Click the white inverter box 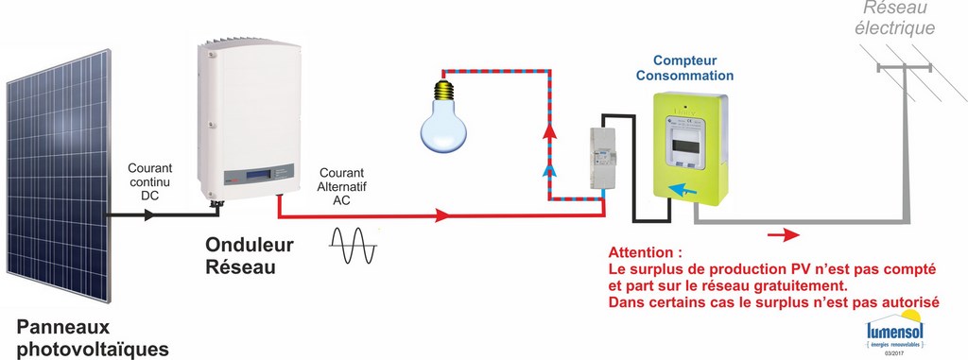(x=251, y=113)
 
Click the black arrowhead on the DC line (x=148, y=215)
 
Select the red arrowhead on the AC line (x=442, y=216)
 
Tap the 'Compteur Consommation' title (x=684, y=67)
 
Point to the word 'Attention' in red (x=645, y=254)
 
